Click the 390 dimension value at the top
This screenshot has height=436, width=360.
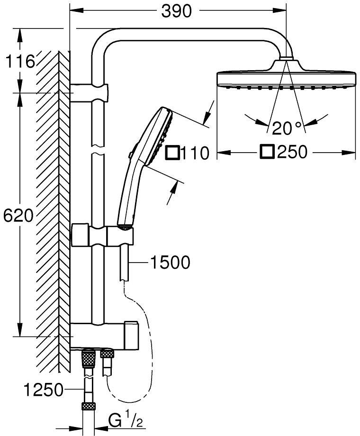point(177,11)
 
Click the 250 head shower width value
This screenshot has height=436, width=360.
point(293,152)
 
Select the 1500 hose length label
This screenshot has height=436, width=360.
point(170,262)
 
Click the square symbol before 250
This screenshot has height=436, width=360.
point(268,152)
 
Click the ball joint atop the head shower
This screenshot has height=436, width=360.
point(286,59)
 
